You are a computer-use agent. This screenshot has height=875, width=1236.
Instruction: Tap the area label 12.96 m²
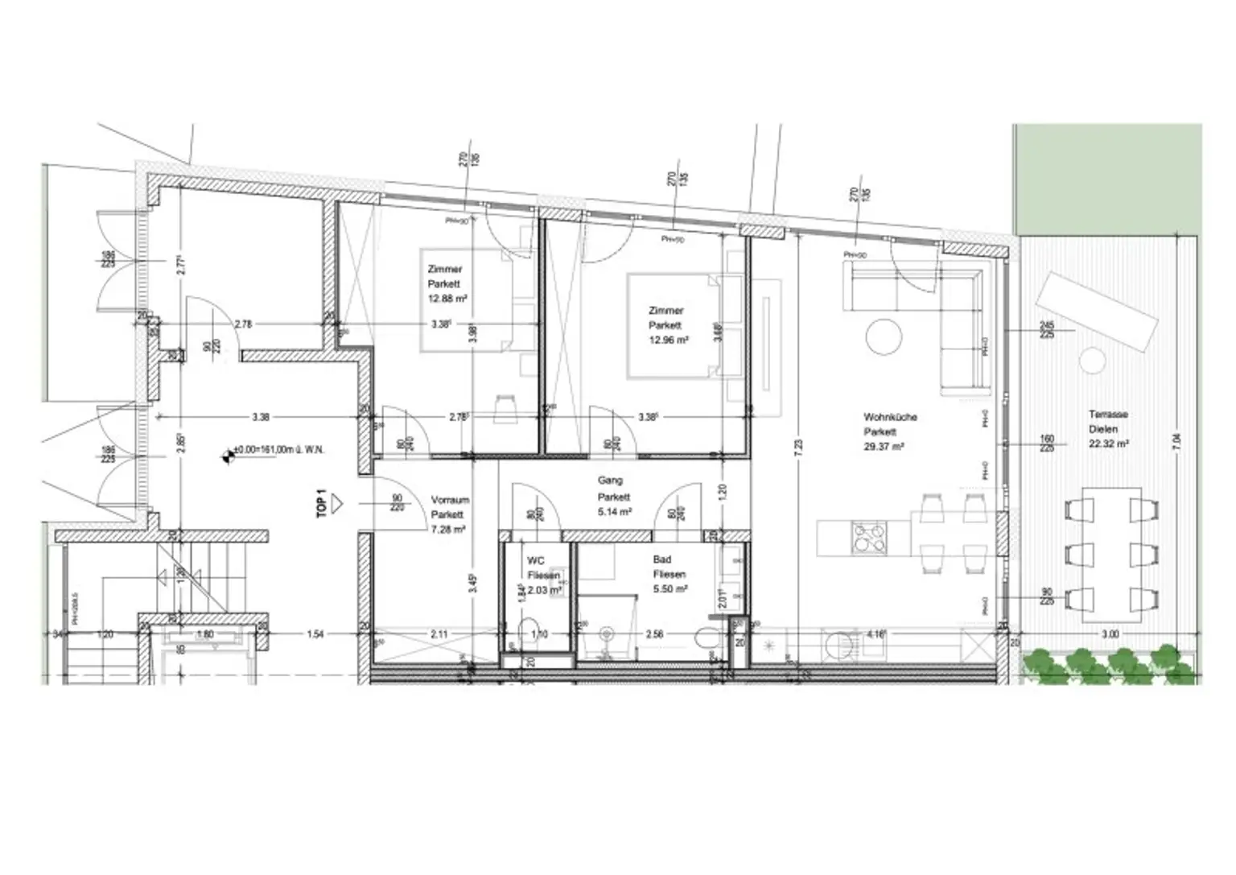pos(669,340)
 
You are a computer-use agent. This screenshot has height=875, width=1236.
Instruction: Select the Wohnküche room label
pos(890,417)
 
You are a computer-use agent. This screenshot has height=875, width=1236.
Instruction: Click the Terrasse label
pos(1108,415)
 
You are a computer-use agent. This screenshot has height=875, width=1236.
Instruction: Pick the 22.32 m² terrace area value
pos(1108,444)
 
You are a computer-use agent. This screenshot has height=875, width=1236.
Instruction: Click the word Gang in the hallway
pos(610,481)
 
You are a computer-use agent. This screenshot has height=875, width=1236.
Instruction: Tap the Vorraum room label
pos(450,500)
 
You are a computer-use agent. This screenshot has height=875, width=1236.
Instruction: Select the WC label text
pos(536,560)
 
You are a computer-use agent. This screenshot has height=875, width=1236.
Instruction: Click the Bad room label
pos(662,559)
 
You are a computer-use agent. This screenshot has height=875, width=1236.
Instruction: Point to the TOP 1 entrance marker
pos(322,503)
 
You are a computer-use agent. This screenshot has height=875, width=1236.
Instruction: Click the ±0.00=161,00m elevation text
pos(278,451)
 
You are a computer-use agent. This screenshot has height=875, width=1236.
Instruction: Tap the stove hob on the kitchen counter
pos(869,537)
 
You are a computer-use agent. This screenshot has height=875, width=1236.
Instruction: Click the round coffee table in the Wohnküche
pos(884,336)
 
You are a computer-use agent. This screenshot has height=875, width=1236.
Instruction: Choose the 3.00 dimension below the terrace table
pos(1110,634)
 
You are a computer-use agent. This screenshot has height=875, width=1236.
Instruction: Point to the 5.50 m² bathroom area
pos(670,589)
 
